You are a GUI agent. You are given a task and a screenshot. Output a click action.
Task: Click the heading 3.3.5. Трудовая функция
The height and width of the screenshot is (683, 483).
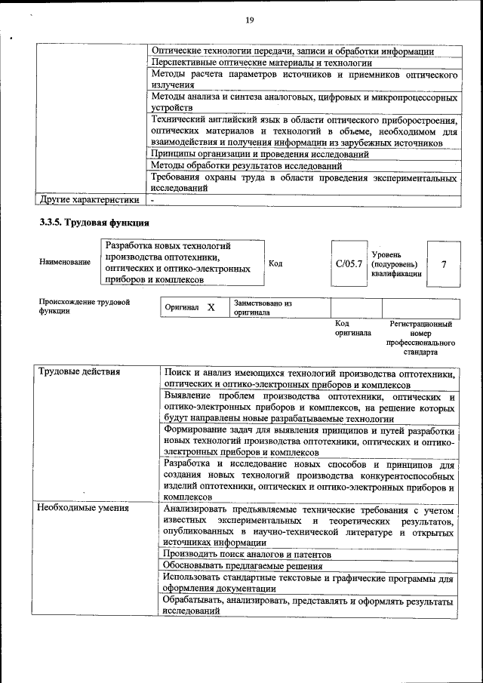click(x=94, y=223)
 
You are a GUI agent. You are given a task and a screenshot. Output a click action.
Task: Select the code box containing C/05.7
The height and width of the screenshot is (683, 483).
click(x=349, y=264)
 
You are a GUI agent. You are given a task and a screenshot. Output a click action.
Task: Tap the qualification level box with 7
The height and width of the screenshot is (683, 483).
click(x=444, y=264)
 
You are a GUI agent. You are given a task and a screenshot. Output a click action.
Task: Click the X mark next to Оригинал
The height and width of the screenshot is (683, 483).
click(x=211, y=308)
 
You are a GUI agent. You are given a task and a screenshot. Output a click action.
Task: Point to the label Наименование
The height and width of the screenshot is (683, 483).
click(x=65, y=262)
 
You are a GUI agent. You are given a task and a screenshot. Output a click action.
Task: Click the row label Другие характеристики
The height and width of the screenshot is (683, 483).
click(x=89, y=200)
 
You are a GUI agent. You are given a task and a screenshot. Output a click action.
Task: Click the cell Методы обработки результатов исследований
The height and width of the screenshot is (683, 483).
click(x=247, y=165)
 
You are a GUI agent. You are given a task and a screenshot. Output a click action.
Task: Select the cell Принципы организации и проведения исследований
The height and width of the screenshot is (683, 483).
click(x=260, y=154)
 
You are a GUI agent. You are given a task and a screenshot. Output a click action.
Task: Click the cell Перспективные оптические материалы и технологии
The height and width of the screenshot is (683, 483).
click(x=262, y=63)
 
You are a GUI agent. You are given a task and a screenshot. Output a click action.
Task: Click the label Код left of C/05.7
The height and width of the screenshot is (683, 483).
click(x=275, y=263)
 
